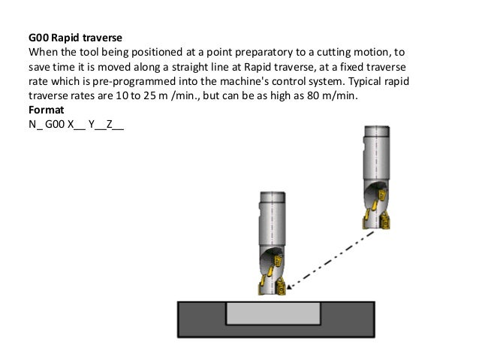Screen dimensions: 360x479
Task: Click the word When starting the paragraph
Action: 42,52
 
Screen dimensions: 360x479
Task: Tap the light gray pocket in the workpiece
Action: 273,313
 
